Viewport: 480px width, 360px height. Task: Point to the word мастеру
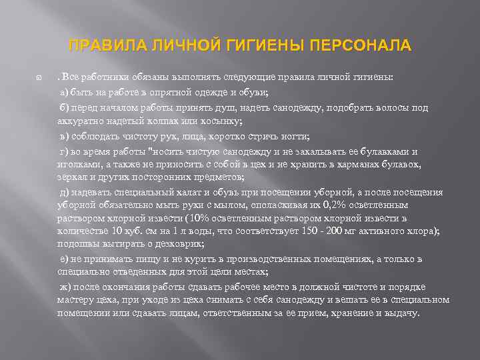pos(77,301)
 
